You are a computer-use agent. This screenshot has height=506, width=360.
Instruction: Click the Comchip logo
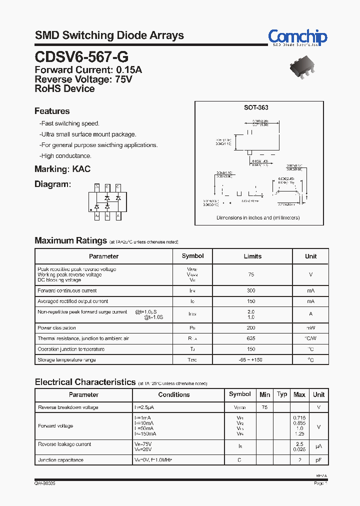tap(297, 37)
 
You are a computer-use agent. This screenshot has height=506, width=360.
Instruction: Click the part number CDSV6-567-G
tap(77, 56)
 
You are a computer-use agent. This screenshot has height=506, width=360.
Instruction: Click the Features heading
tap(52, 111)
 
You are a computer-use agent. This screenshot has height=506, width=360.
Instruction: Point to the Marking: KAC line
tap(62, 169)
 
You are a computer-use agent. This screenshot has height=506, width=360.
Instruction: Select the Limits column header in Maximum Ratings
tap(252, 256)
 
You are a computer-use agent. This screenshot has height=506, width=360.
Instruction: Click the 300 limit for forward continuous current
tap(251, 290)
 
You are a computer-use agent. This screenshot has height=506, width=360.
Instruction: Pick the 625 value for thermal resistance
tap(251, 338)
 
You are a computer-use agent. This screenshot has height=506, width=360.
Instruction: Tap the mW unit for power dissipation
tap(310, 328)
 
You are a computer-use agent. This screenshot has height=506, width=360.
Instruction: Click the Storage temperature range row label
tap(66, 360)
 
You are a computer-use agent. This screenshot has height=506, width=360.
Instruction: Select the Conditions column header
tap(174, 394)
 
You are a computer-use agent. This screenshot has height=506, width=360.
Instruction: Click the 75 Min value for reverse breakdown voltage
tap(264, 407)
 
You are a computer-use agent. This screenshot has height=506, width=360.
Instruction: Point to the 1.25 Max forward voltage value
tap(299, 434)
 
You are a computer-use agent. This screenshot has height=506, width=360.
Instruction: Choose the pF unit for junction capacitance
tap(318, 460)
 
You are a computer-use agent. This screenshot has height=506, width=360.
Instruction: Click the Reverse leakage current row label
tap(64, 444)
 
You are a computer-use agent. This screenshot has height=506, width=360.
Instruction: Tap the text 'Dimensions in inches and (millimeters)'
tap(258, 218)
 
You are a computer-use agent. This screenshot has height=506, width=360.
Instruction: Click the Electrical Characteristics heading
tap(85, 382)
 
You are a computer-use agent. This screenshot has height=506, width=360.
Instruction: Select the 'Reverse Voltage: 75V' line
tap(83, 79)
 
